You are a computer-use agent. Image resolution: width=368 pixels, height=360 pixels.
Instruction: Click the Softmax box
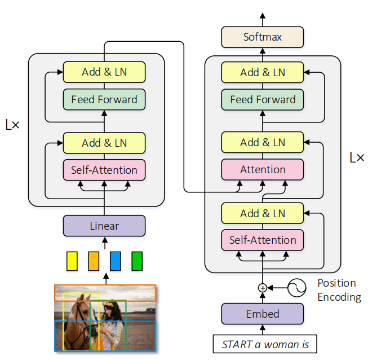263,37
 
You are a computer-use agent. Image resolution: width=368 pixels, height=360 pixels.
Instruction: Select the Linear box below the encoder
104,226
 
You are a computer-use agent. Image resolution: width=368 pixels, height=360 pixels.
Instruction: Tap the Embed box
263,314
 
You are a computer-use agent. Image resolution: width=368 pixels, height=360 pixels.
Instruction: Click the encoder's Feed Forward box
104,100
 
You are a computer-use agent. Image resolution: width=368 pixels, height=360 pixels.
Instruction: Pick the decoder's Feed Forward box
263,100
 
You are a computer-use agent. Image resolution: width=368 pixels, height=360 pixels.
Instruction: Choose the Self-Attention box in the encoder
104,170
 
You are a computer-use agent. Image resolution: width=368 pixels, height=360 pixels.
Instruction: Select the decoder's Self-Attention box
263,240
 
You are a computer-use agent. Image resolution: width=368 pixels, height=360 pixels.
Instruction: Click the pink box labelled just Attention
263,169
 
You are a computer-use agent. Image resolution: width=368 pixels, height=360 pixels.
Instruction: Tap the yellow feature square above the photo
72,260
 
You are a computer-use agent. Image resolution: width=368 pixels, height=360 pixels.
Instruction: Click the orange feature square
94,260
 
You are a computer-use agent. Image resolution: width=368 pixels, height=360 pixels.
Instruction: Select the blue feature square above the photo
116,260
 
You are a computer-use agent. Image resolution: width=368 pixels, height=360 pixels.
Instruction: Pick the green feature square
137,260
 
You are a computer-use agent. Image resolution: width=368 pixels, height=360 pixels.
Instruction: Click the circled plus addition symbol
262,288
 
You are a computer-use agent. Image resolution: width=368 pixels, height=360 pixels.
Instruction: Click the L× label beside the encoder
12,125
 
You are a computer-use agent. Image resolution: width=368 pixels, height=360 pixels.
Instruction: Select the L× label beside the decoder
356,157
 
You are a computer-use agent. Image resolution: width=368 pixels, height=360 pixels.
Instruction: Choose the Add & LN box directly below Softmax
263,72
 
